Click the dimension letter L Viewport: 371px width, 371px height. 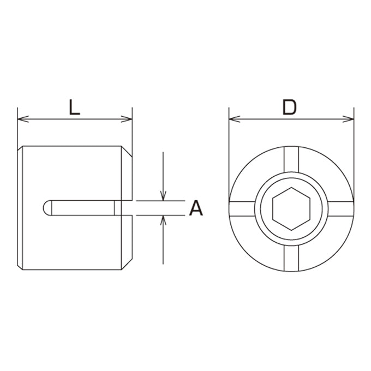(x=74, y=107)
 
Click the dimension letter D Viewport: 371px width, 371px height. (x=290, y=107)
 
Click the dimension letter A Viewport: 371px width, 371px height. (x=196, y=208)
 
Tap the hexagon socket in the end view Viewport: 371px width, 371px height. (x=291, y=209)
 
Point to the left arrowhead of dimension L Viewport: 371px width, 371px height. (x=23, y=119)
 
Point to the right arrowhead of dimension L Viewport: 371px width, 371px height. (x=127, y=119)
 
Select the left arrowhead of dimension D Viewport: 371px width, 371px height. (x=235, y=119)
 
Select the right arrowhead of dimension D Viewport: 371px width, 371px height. (x=348, y=119)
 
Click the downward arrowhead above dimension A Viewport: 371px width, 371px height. (x=163, y=195)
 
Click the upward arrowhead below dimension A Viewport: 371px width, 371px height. (x=163, y=221)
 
